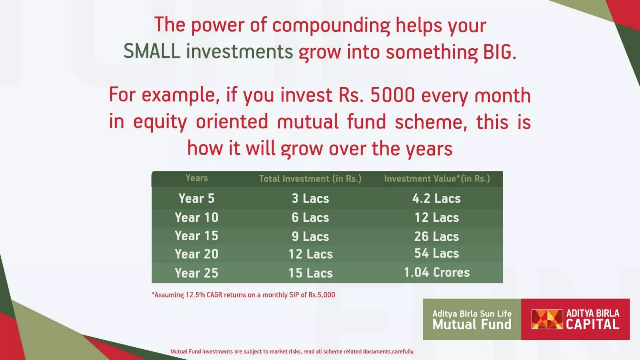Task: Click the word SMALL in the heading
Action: [152, 52]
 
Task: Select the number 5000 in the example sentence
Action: [392, 95]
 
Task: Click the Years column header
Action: [197, 178]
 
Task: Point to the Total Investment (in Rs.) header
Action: [310, 179]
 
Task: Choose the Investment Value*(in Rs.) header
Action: [437, 179]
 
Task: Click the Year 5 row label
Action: [196, 198]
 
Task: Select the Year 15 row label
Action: [196, 236]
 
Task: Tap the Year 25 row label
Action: [196, 273]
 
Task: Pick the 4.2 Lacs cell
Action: [436, 198]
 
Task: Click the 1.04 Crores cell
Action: [437, 272]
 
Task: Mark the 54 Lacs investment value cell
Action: [437, 253]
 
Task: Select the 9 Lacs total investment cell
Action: [310, 237]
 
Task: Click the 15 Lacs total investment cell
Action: [310, 273]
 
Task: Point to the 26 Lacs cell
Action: [437, 237]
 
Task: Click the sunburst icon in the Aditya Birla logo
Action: [547, 319]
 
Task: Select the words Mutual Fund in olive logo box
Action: [472, 325]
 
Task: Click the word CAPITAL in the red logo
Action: [592, 325]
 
